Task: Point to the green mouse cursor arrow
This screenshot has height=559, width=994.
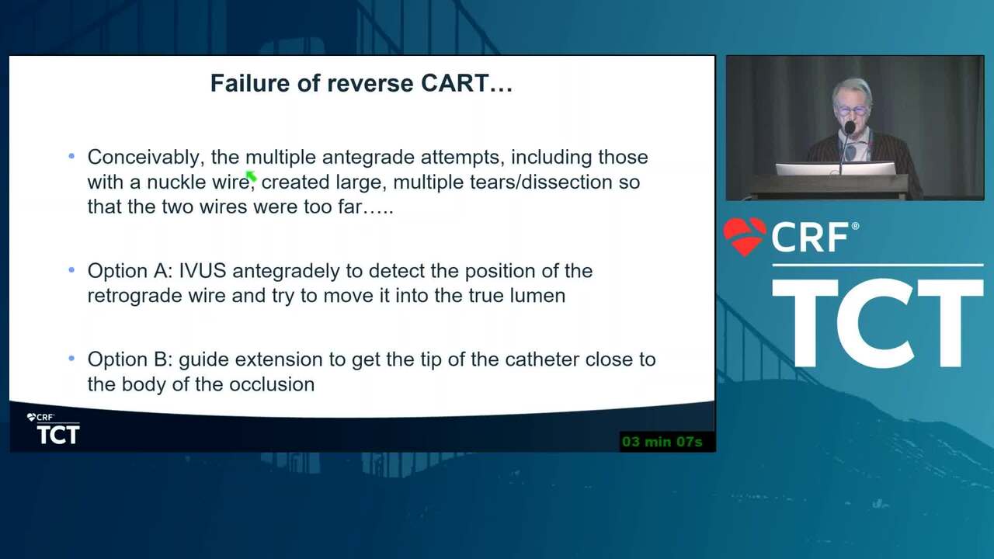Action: tap(251, 176)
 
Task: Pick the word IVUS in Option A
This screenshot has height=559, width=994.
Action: tap(203, 271)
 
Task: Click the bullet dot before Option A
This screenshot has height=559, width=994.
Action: tap(72, 269)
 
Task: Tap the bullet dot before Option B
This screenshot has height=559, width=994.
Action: tap(72, 359)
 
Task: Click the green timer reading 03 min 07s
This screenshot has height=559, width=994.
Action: tap(662, 442)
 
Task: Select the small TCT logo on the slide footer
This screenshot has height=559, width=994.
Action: tap(54, 429)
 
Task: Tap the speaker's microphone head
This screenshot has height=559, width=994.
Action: tap(850, 128)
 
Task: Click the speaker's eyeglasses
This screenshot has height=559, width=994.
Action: tap(852, 110)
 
